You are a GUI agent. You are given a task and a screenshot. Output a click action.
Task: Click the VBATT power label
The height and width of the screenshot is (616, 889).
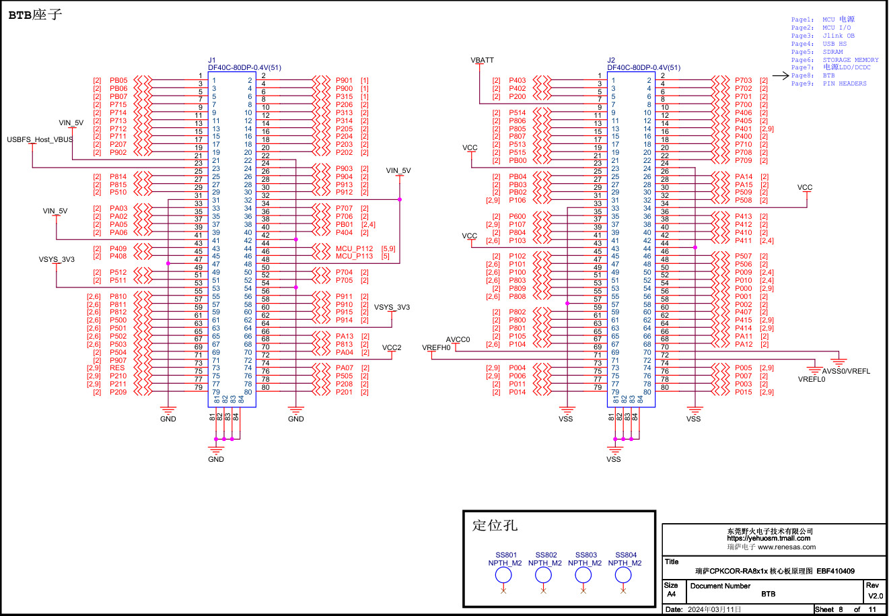[x=482, y=60]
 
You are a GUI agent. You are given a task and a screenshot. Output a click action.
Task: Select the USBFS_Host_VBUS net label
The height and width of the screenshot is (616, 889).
[x=40, y=139]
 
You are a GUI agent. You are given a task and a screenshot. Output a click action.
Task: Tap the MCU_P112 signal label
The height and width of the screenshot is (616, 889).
[x=354, y=248]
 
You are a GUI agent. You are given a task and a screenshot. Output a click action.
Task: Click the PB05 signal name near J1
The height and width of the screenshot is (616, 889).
[x=118, y=80]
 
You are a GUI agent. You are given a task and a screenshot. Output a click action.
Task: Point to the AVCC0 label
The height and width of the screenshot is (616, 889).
[x=458, y=339]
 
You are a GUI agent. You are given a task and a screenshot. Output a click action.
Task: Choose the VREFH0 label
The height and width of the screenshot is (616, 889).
[x=436, y=347]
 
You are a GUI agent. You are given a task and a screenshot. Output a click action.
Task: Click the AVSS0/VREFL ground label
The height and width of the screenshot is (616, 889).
[x=846, y=371]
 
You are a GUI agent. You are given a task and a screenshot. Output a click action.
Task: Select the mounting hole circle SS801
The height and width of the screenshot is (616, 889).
[x=503, y=574]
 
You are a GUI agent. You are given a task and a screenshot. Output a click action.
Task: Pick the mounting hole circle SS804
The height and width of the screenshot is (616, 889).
[x=623, y=574]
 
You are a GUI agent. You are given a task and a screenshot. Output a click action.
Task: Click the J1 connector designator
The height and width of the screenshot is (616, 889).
[x=212, y=60]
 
